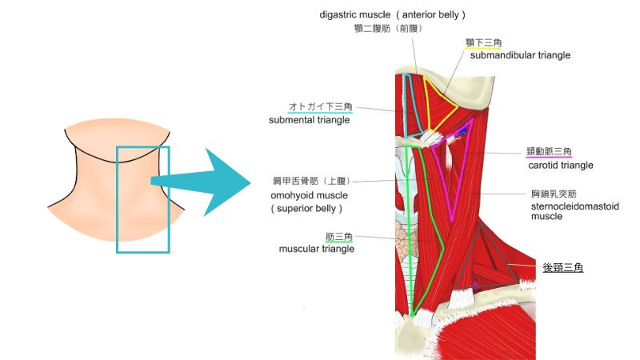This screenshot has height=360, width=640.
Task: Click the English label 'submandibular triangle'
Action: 520,55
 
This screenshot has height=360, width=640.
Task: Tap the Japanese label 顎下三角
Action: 483,42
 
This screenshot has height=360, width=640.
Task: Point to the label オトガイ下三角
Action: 320,106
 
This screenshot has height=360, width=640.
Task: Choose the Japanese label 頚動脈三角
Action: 550,152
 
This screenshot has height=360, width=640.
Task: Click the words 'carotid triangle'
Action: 560,166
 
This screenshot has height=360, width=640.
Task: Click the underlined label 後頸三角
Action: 564,268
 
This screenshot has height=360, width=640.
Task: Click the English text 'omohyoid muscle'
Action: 306,195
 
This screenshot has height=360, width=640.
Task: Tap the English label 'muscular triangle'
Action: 316,249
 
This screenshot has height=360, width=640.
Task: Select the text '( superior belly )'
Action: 306,209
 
